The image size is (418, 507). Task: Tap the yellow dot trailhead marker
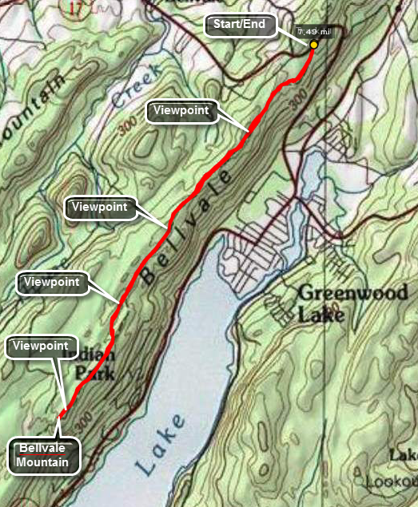coord(314,45)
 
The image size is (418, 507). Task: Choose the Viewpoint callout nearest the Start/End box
coord(181,113)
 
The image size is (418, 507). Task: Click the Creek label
coord(133,90)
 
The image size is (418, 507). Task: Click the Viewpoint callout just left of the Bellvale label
coord(100,208)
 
